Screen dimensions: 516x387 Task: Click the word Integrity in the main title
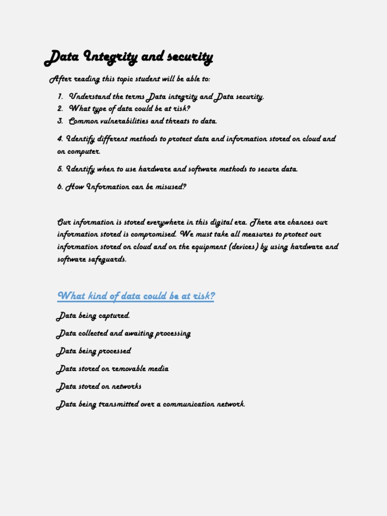click(x=109, y=57)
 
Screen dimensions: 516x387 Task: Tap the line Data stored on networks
click(x=99, y=386)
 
